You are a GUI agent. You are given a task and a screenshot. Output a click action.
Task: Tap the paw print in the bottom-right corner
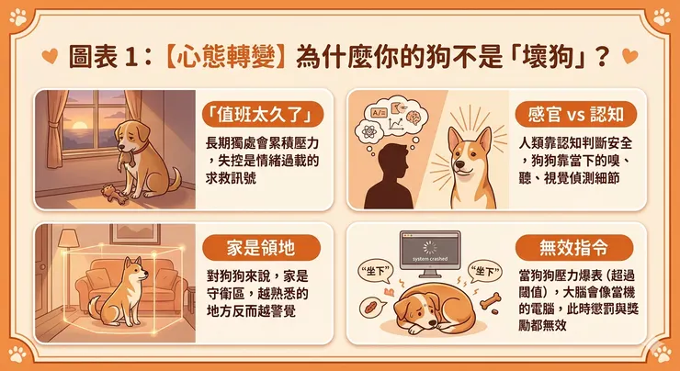pyautogui.click(x=662, y=353)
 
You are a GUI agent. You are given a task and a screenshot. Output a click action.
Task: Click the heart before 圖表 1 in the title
pyautogui.click(x=54, y=54)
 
